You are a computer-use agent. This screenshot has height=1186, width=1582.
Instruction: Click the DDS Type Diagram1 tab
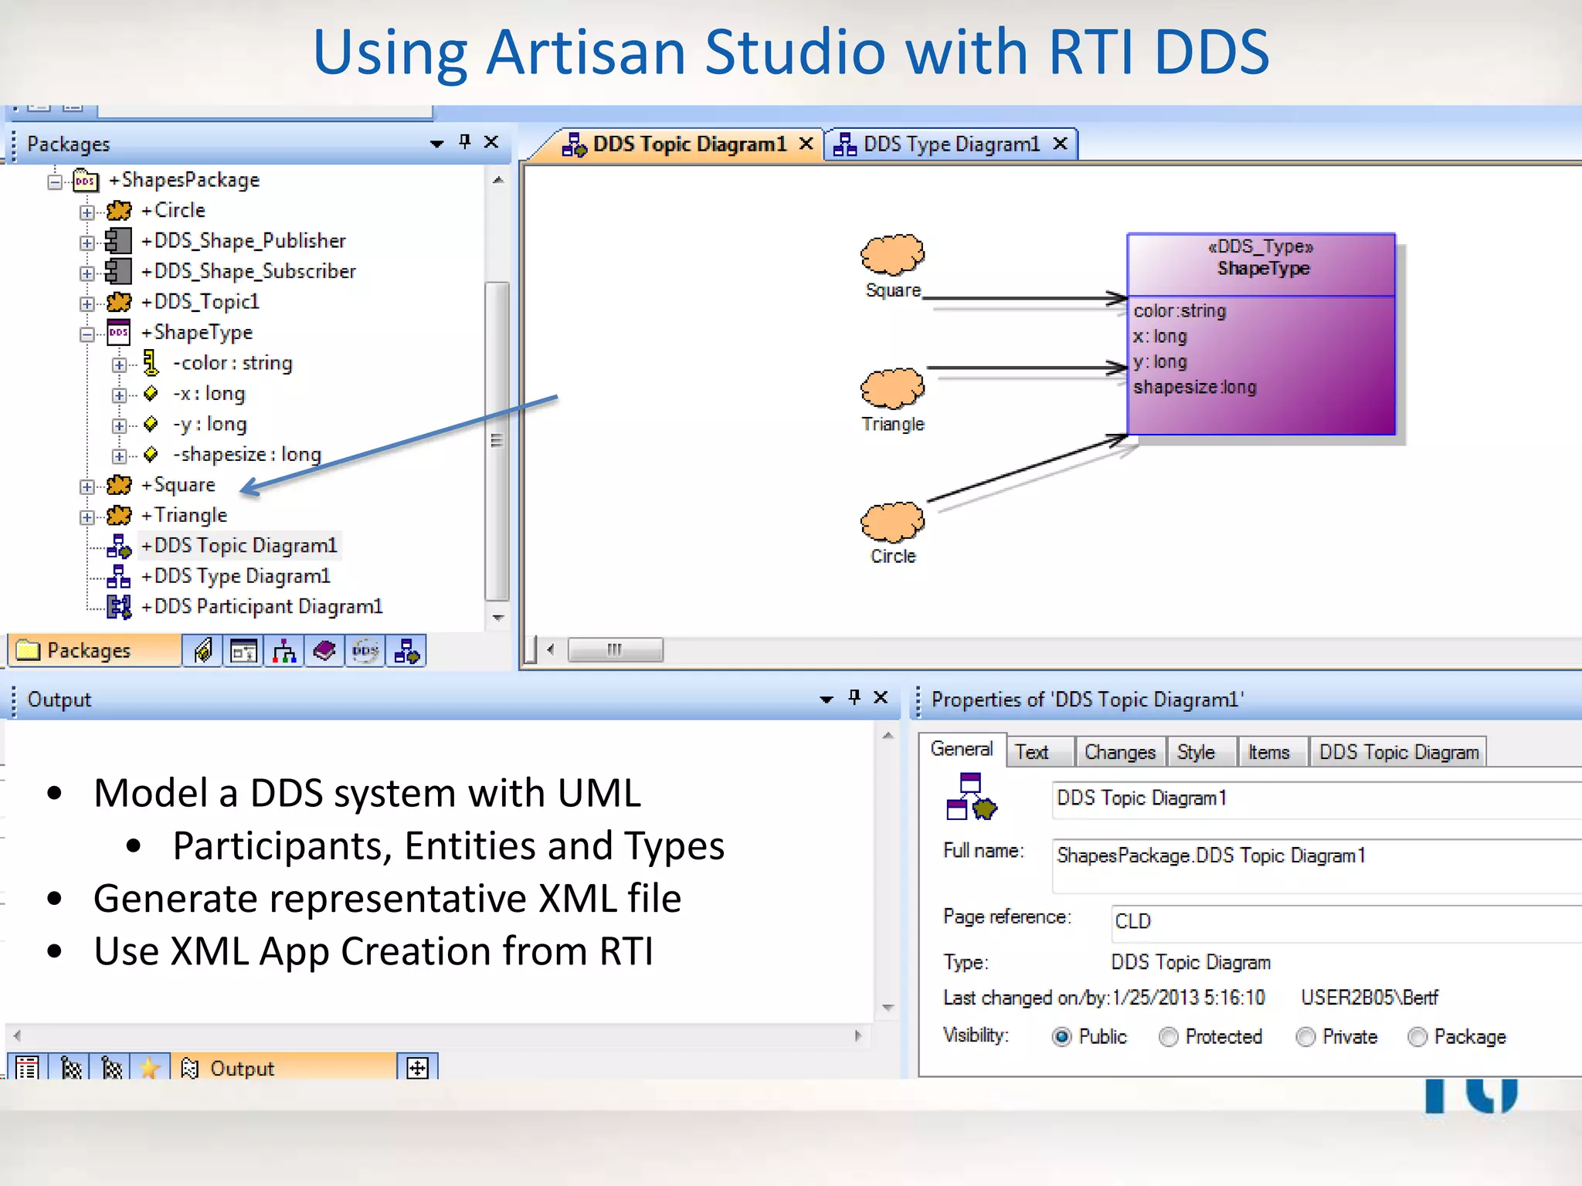tap(951, 144)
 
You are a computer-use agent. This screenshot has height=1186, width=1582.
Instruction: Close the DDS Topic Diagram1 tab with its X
tap(806, 144)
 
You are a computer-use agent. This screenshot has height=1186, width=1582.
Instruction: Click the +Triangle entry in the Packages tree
tap(190, 515)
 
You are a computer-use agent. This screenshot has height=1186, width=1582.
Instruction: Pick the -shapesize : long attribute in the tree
tap(246, 455)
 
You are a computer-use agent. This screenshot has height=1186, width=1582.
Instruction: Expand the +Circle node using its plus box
tap(87, 212)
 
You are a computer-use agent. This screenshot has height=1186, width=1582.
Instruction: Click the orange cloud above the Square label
tap(892, 255)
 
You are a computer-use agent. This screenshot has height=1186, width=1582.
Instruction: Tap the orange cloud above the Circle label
tap(892, 522)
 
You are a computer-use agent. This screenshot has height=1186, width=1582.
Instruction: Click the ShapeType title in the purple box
tap(1263, 269)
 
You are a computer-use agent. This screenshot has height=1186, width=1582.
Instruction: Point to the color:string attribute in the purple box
tap(1180, 311)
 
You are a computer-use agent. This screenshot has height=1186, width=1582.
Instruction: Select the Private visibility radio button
tap(1305, 1037)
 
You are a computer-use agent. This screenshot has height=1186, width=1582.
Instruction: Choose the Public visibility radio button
tap(1062, 1037)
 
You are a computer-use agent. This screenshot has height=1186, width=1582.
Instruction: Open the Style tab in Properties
tap(1196, 752)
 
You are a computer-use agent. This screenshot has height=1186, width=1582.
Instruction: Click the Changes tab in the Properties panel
tap(1119, 752)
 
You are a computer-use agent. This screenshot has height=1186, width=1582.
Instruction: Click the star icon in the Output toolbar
tap(150, 1068)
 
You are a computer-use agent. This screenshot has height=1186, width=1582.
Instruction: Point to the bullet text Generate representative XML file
tap(387, 899)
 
